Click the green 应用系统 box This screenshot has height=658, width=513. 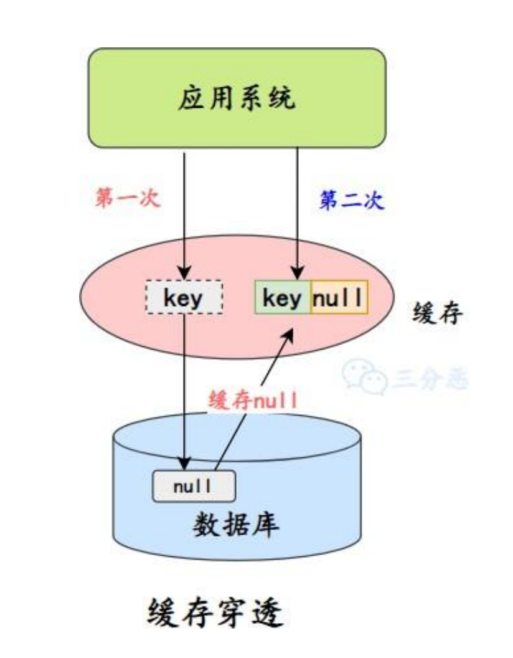pyautogui.click(x=236, y=98)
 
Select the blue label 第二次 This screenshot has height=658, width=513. pyautogui.click(x=352, y=201)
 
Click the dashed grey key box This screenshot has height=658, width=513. pyautogui.click(x=184, y=298)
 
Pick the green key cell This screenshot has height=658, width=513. pyautogui.click(x=282, y=298)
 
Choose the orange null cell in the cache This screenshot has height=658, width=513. pyautogui.click(x=338, y=298)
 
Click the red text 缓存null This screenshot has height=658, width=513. pyautogui.click(x=254, y=399)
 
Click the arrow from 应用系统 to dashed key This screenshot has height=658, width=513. pyautogui.click(x=184, y=212)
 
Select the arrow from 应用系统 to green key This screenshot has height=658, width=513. pyautogui.click(x=298, y=212)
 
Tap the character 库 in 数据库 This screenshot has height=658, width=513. pyautogui.click(x=266, y=526)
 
